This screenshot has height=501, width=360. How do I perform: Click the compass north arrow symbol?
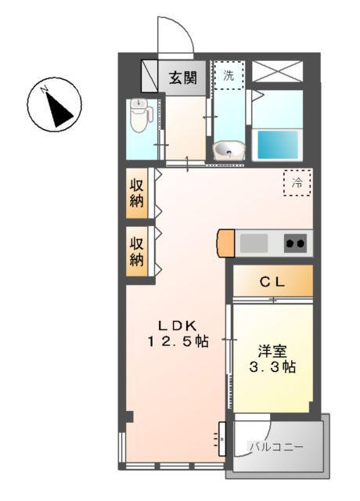click(55, 108)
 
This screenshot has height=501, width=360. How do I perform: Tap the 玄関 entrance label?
click(182, 77)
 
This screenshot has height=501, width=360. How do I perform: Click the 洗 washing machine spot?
click(229, 76)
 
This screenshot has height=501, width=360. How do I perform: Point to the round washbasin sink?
click(229, 149)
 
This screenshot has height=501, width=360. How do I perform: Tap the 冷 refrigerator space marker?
click(297, 182)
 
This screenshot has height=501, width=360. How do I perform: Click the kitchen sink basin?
click(254, 243)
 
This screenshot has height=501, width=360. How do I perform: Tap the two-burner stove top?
click(295, 243)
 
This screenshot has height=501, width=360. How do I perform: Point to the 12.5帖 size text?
click(179, 341)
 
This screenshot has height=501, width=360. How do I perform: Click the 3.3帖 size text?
click(273, 366)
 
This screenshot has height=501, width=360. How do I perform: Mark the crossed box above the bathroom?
click(277, 70)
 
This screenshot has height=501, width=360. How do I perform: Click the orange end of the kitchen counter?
click(225, 243)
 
